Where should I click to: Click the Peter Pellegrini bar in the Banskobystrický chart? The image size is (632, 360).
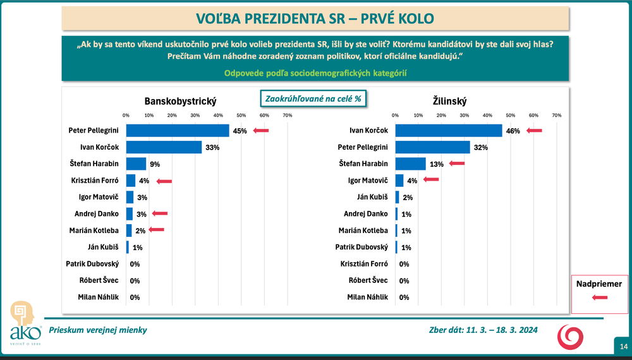coord(178,131)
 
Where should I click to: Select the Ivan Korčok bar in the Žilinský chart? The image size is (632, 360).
coord(448,131)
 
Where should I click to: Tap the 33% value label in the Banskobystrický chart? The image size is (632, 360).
coord(212,147)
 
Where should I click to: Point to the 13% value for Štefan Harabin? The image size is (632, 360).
coord(436,164)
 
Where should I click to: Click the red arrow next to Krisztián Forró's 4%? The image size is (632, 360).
coord(164,181)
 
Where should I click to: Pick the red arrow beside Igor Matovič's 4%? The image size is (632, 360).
coord(431,180)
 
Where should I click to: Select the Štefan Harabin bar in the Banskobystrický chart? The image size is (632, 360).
coord(136,164)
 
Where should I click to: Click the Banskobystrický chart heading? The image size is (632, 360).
coord(181,101)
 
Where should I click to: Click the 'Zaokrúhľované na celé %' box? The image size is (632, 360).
coord(314,99)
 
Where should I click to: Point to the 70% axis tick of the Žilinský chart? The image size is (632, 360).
coord(556,116)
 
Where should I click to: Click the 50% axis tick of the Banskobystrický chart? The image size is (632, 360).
coord(241,116)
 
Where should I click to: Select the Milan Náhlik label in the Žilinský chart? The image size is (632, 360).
coord(368,297)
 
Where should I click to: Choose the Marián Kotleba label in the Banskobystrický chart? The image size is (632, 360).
coord(94,231)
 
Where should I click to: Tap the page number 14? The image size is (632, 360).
coord(623,346)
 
